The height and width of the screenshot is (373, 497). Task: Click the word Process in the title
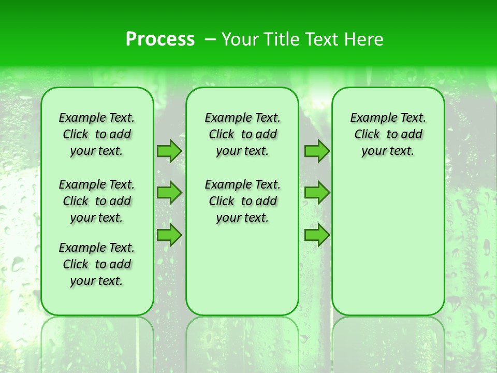coord(160,39)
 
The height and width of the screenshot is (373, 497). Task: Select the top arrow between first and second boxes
coord(169,151)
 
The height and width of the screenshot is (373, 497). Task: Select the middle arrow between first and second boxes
coord(169,193)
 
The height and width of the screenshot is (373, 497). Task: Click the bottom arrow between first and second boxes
coord(169,235)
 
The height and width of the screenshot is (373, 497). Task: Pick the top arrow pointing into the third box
coord(317,151)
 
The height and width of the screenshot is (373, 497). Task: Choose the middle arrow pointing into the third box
coord(317,193)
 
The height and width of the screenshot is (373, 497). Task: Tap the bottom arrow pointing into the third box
coord(317,235)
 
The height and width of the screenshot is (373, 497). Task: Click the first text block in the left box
coord(97,134)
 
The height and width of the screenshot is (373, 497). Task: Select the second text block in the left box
coord(97,201)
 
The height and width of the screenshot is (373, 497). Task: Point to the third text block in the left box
coord(97,264)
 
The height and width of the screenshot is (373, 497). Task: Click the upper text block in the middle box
coord(242,134)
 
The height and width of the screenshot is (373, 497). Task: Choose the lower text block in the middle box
coord(242,201)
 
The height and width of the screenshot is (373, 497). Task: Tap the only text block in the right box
coord(388,134)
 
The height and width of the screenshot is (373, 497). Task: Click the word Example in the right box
coord(370,118)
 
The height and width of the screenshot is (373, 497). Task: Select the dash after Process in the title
coord(210,39)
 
